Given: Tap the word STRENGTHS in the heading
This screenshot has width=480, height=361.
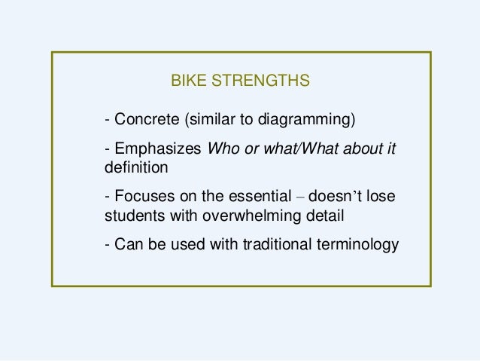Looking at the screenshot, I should (258, 79).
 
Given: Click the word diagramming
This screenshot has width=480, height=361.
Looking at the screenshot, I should (316, 120).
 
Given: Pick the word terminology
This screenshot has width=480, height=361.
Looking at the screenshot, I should (356, 246).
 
